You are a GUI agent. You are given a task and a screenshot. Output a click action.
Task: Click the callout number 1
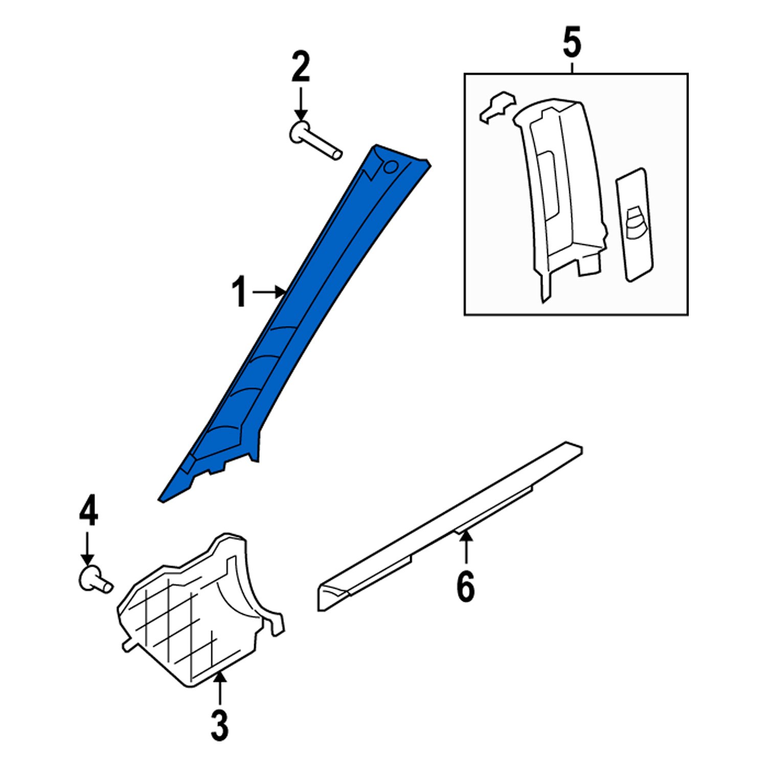point(239,292)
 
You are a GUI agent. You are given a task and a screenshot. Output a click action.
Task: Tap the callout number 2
point(301,67)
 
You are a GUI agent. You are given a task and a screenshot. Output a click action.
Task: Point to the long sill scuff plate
point(450,527)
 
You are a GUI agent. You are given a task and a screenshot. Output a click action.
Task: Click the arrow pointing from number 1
point(268,292)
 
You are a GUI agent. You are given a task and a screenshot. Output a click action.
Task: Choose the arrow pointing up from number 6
point(466,549)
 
